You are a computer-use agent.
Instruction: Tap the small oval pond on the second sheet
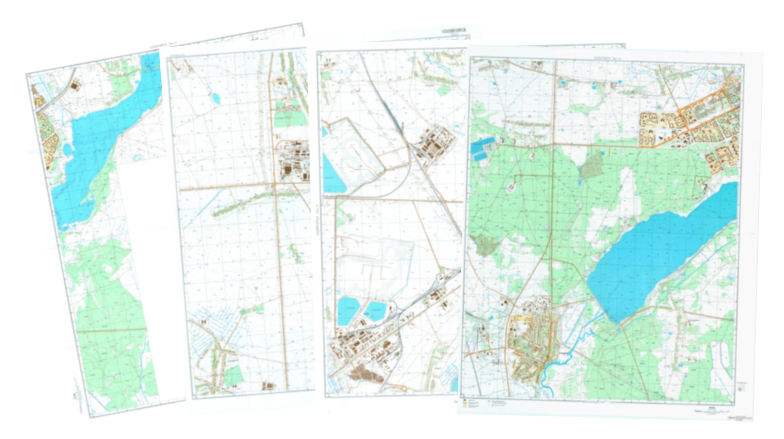click(x=216, y=98)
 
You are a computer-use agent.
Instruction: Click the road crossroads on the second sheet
click(x=275, y=184)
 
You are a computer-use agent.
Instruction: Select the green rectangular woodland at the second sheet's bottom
click(x=233, y=375)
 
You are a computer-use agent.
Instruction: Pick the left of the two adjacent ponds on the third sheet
click(x=348, y=311)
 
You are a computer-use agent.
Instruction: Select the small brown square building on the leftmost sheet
click(x=75, y=85)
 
